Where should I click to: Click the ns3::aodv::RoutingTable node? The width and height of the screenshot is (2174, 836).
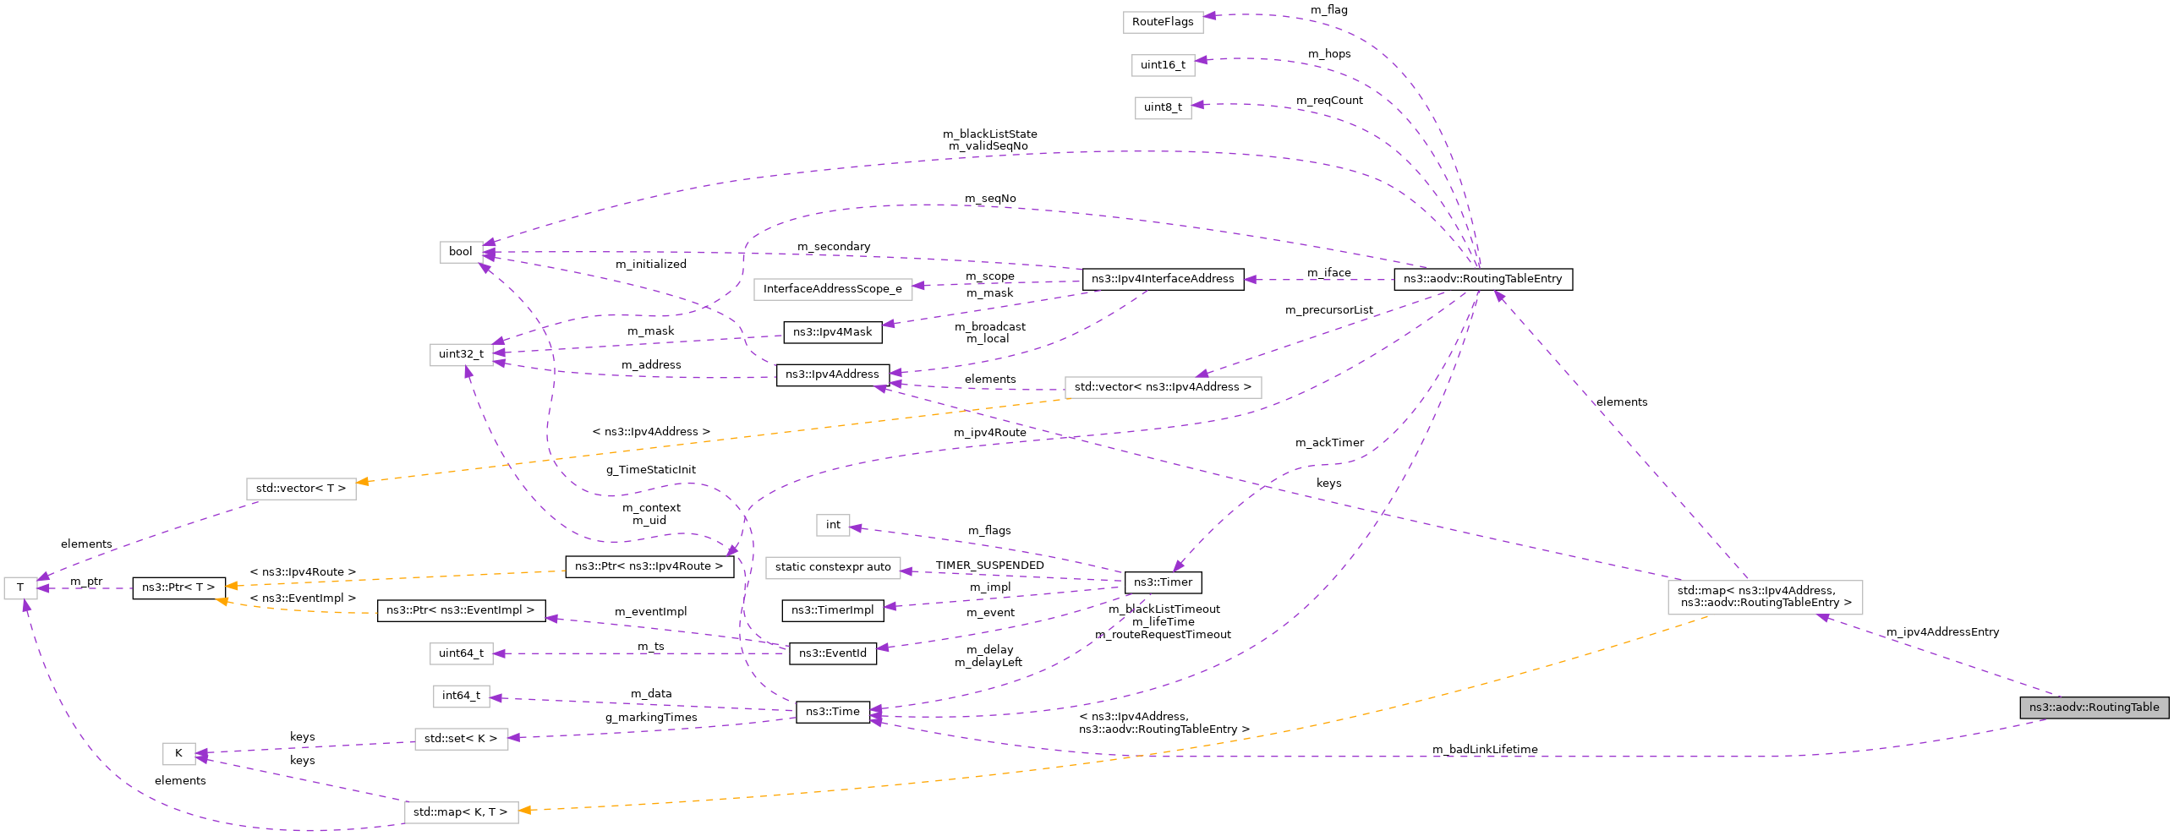click(x=2094, y=708)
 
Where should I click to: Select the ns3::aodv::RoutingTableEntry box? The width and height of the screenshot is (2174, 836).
click(x=1482, y=279)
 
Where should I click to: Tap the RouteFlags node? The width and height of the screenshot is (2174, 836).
click(x=1163, y=22)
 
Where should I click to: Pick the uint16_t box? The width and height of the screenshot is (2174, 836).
click(x=1163, y=65)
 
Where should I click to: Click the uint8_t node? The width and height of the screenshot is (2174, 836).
click(x=1163, y=107)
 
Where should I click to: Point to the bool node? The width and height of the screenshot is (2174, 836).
click(x=461, y=252)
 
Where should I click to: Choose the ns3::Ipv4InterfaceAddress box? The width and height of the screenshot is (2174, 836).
click(x=1163, y=279)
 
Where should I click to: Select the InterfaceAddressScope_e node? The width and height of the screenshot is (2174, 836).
click(x=832, y=289)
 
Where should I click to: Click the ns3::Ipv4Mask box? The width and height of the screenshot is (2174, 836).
click(x=832, y=332)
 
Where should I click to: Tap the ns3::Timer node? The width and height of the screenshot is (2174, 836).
click(x=1163, y=582)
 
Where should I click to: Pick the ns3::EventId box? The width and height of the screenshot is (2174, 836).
click(x=832, y=653)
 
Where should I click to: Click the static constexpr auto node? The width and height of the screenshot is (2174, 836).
click(x=832, y=567)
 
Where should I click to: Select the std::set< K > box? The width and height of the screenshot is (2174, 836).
click(x=461, y=739)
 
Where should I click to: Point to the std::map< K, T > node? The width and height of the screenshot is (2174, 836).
click(x=461, y=812)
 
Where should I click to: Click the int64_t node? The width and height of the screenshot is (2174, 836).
click(x=461, y=696)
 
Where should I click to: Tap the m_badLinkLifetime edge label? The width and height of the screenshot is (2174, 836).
click(x=1485, y=750)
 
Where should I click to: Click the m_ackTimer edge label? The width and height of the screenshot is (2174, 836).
click(x=1329, y=443)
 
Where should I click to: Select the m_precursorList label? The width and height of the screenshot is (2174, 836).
click(x=1328, y=310)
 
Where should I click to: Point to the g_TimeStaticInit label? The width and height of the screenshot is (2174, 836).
click(x=650, y=470)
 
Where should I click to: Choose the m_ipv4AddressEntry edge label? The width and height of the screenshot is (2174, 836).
click(x=1942, y=632)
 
